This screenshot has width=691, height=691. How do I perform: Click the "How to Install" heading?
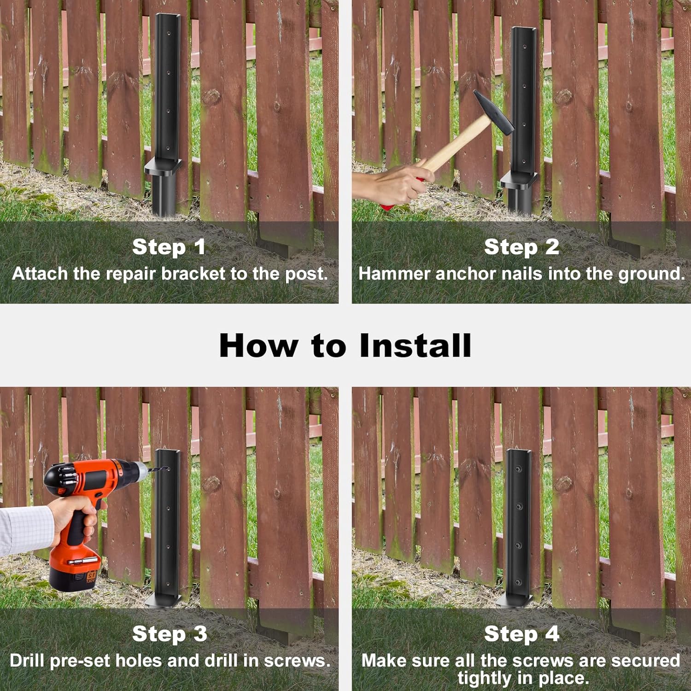[x=345, y=345]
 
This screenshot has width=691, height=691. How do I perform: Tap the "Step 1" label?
[x=169, y=247]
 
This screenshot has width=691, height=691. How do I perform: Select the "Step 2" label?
[x=521, y=247]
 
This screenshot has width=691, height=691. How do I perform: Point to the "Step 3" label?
[x=170, y=634]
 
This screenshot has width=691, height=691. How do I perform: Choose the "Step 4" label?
[x=521, y=634]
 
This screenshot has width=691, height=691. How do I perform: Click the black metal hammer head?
[x=493, y=112]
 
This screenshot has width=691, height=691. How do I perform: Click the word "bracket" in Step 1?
[x=193, y=274]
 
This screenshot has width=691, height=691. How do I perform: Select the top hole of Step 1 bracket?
[x=168, y=33]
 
